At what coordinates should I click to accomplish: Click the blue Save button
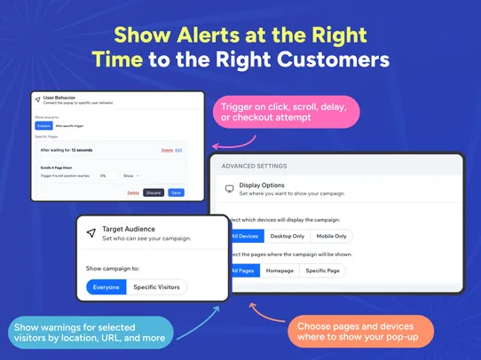(x=176, y=192)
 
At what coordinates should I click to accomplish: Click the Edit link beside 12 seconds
(x=178, y=151)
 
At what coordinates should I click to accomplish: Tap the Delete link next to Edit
(x=167, y=151)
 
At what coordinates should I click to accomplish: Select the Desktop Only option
(x=286, y=236)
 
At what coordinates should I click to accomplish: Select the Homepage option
(x=279, y=270)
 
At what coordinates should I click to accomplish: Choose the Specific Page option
(x=324, y=270)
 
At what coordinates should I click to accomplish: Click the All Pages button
(x=243, y=270)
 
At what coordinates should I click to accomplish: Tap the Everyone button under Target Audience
(x=106, y=286)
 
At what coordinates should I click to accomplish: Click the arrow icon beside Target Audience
(x=91, y=233)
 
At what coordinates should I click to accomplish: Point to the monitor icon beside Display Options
(x=229, y=189)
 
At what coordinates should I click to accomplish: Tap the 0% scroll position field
(x=107, y=176)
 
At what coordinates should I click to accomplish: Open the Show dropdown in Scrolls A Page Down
(x=130, y=176)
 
